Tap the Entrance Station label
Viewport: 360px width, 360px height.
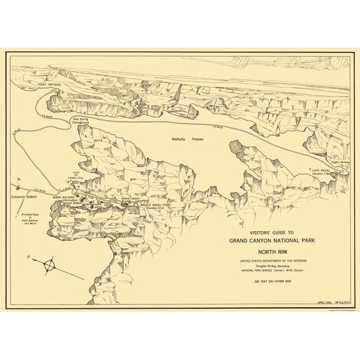23,197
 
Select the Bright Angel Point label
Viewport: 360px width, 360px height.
161,204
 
